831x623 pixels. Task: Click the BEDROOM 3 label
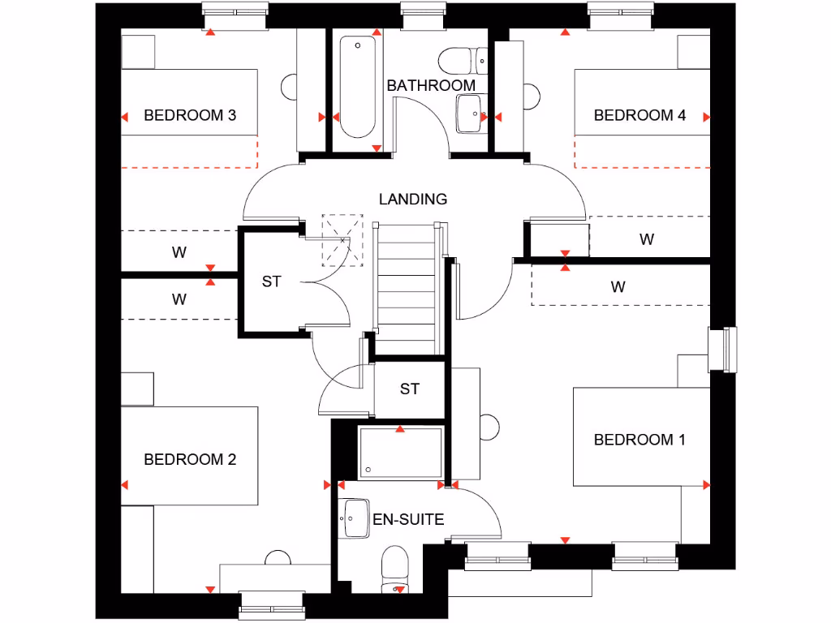point(190,115)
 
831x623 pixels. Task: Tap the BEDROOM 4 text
point(639,115)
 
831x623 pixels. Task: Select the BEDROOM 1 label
point(639,440)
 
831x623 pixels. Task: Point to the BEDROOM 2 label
point(190,459)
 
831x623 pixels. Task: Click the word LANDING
point(413,199)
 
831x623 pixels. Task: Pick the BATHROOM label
point(431,85)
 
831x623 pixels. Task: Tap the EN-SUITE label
point(408,519)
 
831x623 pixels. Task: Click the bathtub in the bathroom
point(356,87)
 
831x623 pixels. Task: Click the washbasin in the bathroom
point(468,114)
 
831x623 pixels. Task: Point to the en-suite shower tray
point(400,453)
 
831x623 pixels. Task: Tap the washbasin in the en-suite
point(355,518)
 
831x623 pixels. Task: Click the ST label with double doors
point(271,281)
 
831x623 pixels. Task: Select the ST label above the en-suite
point(410,389)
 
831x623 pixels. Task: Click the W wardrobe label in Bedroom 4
point(647,239)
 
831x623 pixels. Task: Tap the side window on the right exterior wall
point(724,349)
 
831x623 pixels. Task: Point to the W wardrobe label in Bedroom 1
point(618,286)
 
